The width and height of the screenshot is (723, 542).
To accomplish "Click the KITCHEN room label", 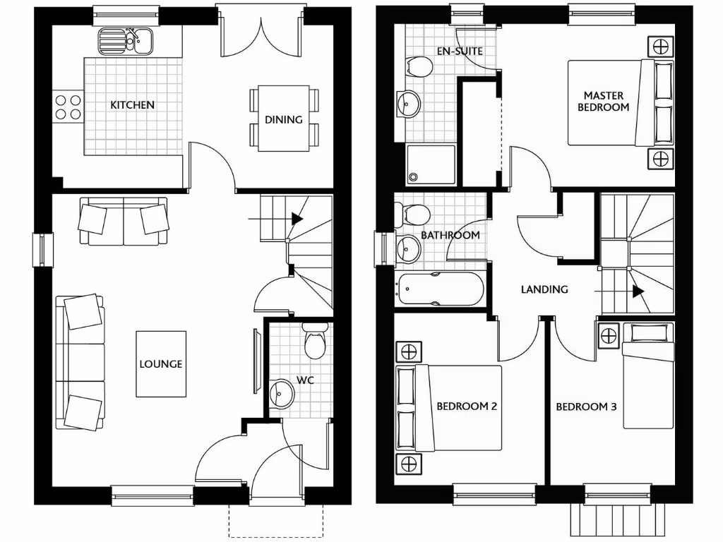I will coord(132,105).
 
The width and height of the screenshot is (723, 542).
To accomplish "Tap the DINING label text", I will coord(283,119).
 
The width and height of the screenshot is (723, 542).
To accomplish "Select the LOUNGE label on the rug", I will coord(160,364).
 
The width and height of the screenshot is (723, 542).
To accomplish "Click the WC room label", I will coord(304,380).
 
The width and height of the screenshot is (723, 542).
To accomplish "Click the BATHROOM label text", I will coord(450,235).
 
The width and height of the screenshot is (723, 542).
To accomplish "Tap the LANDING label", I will coord(544,289).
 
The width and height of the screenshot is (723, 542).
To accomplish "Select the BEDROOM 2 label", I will coord(467,406).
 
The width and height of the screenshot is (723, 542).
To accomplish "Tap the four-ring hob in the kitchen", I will coord(68,107).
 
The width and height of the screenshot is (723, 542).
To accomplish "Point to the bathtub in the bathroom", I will coord(440,289).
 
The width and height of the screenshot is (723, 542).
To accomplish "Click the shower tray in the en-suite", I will coord(431,164).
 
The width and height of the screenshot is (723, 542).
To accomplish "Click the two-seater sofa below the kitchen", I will coord(124,221).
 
